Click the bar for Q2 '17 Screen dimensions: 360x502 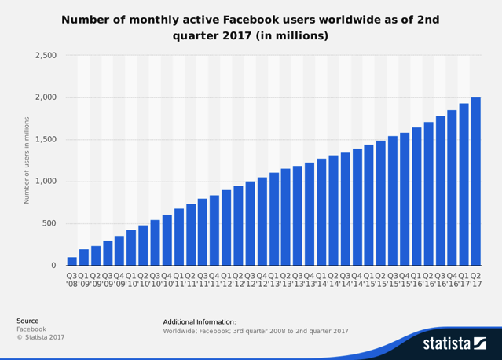click(475, 182)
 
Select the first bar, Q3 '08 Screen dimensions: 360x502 click(72, 261)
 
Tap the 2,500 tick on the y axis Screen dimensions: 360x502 click(45, 56)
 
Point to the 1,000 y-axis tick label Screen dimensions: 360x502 click(45, 182)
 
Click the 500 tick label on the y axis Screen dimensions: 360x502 click(49, 223)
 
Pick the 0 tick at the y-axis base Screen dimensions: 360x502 click(53, 266)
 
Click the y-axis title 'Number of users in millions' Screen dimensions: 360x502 click(27, 160)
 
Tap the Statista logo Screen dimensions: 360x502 click(454, 343)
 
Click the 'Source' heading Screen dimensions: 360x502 click(28, 321)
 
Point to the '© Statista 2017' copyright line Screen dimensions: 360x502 click(41, 337)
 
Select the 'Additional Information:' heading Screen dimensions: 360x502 click(200, 321)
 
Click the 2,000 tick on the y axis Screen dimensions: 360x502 click(45, 97)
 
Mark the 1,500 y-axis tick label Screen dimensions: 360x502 click(45, 139)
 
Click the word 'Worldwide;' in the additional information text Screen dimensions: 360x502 click(181, 331)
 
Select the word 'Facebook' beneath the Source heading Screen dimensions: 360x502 click(31, 329)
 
